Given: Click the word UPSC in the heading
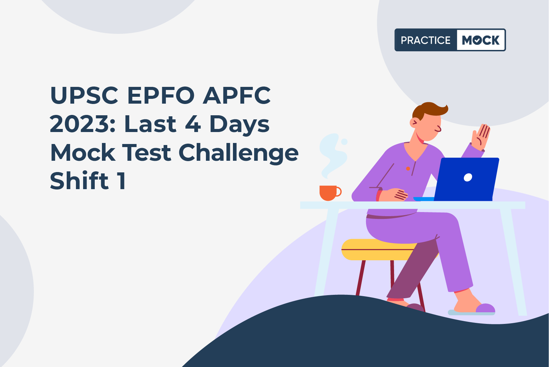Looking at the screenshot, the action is pos(84,95).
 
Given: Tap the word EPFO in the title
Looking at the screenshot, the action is pos(161,95).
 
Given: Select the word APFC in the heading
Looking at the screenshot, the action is pos(237,95).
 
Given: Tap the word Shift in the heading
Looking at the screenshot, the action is pos(79,180).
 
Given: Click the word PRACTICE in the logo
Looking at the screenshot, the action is pos(426,40).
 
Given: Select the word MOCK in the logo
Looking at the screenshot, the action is pos(481,40).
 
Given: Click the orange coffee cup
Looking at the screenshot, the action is pos(330,193).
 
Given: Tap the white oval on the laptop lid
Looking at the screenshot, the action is pos(468,177).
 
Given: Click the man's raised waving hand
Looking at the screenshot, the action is pos(481,137).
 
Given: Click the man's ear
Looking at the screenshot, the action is pos(414,122).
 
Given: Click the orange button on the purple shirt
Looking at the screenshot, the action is pos(408,169).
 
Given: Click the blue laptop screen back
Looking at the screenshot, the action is pos(467,179).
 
